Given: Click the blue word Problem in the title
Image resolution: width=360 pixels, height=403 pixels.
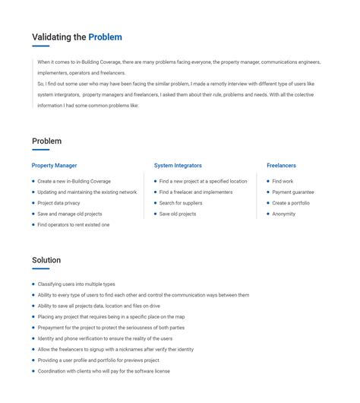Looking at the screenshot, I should (x=105, y=37).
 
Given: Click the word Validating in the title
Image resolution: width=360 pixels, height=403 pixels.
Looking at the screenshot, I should (x=58, y=37).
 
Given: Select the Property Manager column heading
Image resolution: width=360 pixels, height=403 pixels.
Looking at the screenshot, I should (x=54, y=165).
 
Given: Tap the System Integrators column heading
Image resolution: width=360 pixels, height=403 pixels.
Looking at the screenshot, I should (x=178, y=165).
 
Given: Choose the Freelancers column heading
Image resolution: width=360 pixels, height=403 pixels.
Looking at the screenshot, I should (x=281, y=165).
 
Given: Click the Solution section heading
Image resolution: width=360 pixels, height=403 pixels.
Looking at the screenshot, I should (x=46, y=260).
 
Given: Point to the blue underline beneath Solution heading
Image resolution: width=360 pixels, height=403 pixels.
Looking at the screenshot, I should (x=40, y=268).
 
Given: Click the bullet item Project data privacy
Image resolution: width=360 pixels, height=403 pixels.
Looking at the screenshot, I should (x=58, y=203).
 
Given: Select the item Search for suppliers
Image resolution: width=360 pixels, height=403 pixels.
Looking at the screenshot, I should (x=181, y=203).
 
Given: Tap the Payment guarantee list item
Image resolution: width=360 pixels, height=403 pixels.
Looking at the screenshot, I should (x=292, y=192).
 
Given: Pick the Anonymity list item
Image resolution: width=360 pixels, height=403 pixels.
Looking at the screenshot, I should (x=283, y=214).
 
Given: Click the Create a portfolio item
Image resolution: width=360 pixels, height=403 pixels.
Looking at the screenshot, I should (x=291, y=203).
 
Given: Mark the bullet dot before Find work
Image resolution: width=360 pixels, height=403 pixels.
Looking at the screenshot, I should (x=268, y=181).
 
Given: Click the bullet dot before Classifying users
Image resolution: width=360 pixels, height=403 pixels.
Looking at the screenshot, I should (x=33, y=284).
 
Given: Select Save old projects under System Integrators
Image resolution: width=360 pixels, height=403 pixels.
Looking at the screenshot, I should (x=178, y=214).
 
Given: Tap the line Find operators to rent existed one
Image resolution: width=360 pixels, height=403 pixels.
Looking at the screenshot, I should (x=73, y=225).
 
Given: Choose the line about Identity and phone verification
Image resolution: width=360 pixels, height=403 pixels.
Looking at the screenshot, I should (x=105, y=338).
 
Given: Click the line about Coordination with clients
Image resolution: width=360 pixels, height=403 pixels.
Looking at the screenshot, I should (x=103, y=371).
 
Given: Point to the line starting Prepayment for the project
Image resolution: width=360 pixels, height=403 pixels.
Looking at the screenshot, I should (x=111, y=328).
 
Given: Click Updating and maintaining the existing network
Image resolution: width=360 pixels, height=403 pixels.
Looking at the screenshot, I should (x=87, y=192).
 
